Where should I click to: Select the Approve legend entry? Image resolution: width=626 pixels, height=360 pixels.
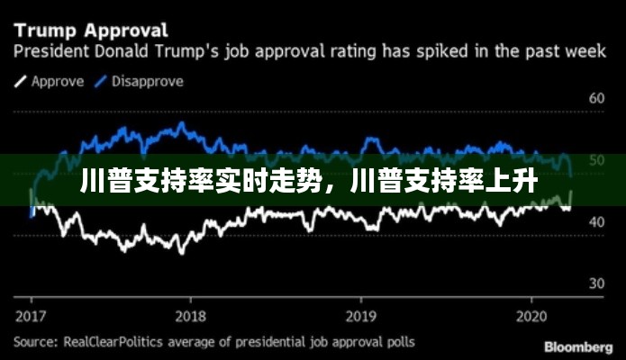[x=59, y=81]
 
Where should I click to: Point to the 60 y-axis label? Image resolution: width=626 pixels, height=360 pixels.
[x=596, y=97]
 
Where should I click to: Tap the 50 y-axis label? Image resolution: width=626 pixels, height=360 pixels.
[x=596, y=160]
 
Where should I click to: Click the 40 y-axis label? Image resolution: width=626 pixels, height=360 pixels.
[x=596, y=221]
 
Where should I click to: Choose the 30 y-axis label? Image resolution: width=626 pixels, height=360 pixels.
[x=596, y=283]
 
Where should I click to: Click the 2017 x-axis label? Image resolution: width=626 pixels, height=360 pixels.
[x=32, y=316]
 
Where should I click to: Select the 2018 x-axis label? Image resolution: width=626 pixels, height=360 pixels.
[x=190, y=316]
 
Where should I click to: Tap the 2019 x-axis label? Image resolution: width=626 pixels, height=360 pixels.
[x=360, y=316]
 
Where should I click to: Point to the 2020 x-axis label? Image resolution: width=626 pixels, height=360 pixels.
[x=531, y=316]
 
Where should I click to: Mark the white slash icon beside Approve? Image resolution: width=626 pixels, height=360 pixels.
[x=21, y=82]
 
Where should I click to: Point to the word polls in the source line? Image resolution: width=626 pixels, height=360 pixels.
[x=398, y=342]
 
